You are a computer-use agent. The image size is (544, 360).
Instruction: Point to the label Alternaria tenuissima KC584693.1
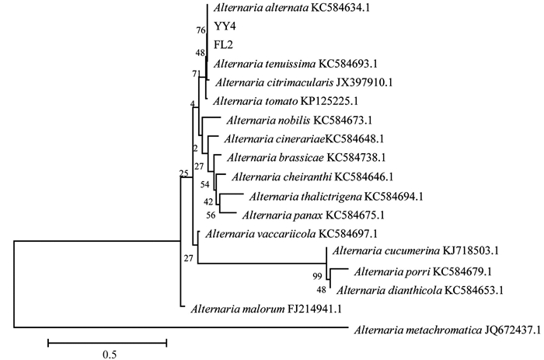pos(288,64)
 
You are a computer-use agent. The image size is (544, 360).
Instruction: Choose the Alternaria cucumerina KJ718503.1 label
pos(414,251)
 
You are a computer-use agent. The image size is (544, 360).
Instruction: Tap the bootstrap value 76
pos(201,30)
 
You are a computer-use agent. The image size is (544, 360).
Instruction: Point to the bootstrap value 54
pos(205,184)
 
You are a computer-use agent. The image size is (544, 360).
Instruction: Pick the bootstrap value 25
pos(183,173)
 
